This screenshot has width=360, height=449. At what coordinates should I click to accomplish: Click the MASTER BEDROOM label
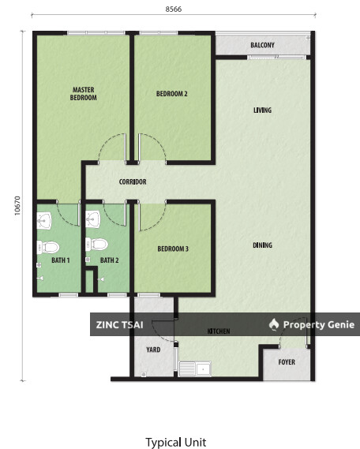[83, 94]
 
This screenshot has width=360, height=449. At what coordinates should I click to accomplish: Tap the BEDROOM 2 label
[171, 94]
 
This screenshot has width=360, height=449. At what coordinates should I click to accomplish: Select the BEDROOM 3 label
[172, 249]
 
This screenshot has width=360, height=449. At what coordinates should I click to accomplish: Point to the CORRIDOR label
[133, 182]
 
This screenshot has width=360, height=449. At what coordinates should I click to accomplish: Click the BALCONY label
[262, 45]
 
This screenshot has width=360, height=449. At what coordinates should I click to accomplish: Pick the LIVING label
[262, 110]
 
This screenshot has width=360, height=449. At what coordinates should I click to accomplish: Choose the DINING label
[262, 245]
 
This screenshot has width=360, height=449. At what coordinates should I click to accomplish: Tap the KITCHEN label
[218, 331]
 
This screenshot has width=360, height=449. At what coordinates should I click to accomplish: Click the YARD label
[153, 350]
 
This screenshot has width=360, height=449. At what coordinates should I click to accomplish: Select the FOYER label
[286, 362]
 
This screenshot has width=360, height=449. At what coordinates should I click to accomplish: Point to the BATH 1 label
[61, 260]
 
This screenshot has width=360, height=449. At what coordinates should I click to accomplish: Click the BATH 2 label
[109, 260]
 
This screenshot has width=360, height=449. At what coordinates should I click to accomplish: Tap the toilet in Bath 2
[97, 243]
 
